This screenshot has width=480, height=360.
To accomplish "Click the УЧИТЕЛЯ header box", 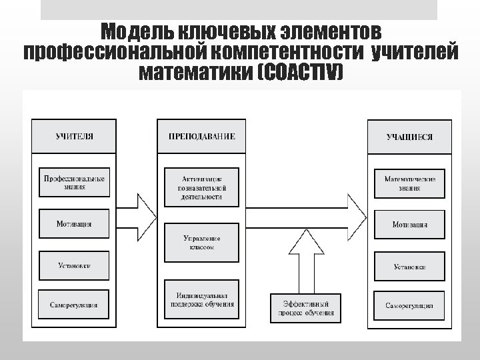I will pyautogui.click(x=74, y=136).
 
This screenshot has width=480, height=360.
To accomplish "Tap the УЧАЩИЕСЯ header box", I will pyautogui.click(x=409, y=137).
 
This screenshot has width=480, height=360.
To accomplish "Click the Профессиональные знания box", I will pyautogui.click(x=74, y=183).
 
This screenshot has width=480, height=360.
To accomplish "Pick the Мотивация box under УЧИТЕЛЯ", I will pyautogui.click(x=74, y=225).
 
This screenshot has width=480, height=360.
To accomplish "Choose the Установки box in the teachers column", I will pyautogui.click(x=74, y=265).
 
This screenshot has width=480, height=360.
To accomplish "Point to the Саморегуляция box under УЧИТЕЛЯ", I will pyautogui.click(x=74, y=305).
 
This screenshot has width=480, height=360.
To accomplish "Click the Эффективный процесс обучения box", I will pyautogui.click(x=305, y=307).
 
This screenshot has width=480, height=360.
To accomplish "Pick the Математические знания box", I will pyautogui.click(x=409, y=183).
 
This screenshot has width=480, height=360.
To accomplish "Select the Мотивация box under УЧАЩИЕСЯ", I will pyautogui.click(x=409, y=225).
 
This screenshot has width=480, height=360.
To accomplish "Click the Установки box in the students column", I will pyautogui.click(x=409, y=267).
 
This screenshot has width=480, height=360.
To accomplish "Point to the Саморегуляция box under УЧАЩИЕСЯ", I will pyautogui.click(x=409, y=305).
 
